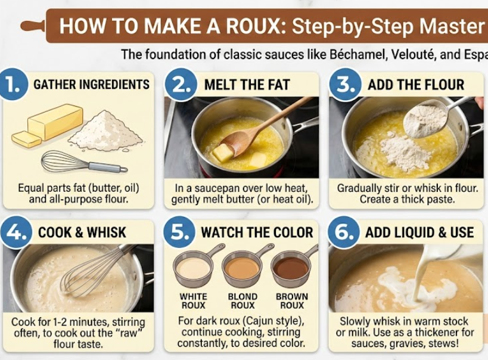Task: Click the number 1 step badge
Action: pos(12,85)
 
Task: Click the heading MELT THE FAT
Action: pos(247,85)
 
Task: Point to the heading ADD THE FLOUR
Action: pos(416,85)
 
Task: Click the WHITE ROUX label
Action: pos(193,301)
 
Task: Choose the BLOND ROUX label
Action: pos(243,301)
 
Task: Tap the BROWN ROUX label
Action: pos(291,301)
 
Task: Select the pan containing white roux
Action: pos(194,267)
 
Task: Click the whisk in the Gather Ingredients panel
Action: pos(84,163)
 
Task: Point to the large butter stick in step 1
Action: pos(55,122)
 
